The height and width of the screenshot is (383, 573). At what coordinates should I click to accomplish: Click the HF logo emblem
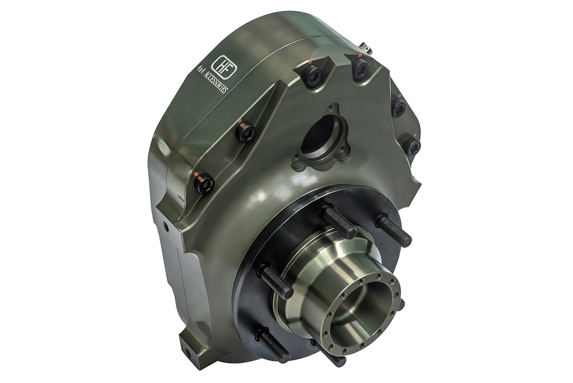pyautogui.click(x=221, y=64)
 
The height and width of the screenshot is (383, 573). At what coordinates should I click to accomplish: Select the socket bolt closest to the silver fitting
pyautogui.click(x=360, y=69)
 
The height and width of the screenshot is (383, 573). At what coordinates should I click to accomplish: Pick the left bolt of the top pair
pyautogui.click(x=312, y=75)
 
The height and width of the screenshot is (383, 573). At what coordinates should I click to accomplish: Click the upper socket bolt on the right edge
pyautogui.click(x=399, y=107)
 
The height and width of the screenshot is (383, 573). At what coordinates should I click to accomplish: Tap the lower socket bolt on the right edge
pyautogui.click(x=411, y=146)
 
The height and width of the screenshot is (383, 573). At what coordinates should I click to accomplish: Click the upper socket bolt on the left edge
pyautogui.click(x=246, y=132)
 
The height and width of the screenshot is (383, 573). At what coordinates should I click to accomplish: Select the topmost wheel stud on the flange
pyautogui.click(x=338, y=221)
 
